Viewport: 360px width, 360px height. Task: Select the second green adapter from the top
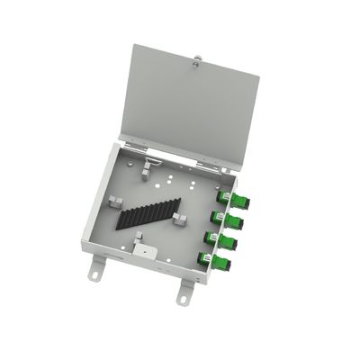tap(236, 221)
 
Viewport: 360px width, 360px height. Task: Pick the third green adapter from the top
tap(231, 242)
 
